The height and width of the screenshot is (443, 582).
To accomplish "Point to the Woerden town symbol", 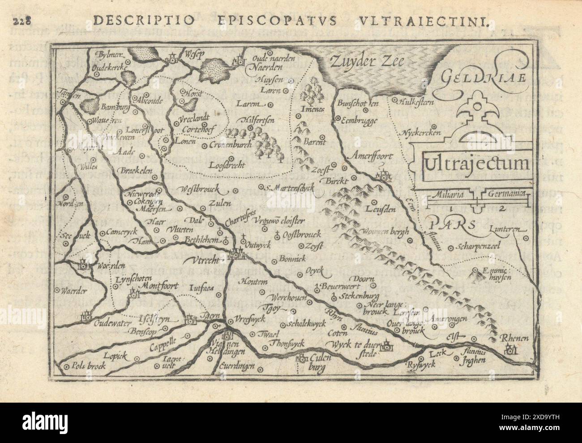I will [x=84, y=265].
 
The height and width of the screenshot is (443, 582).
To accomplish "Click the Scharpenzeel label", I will [x=477, y=246].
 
